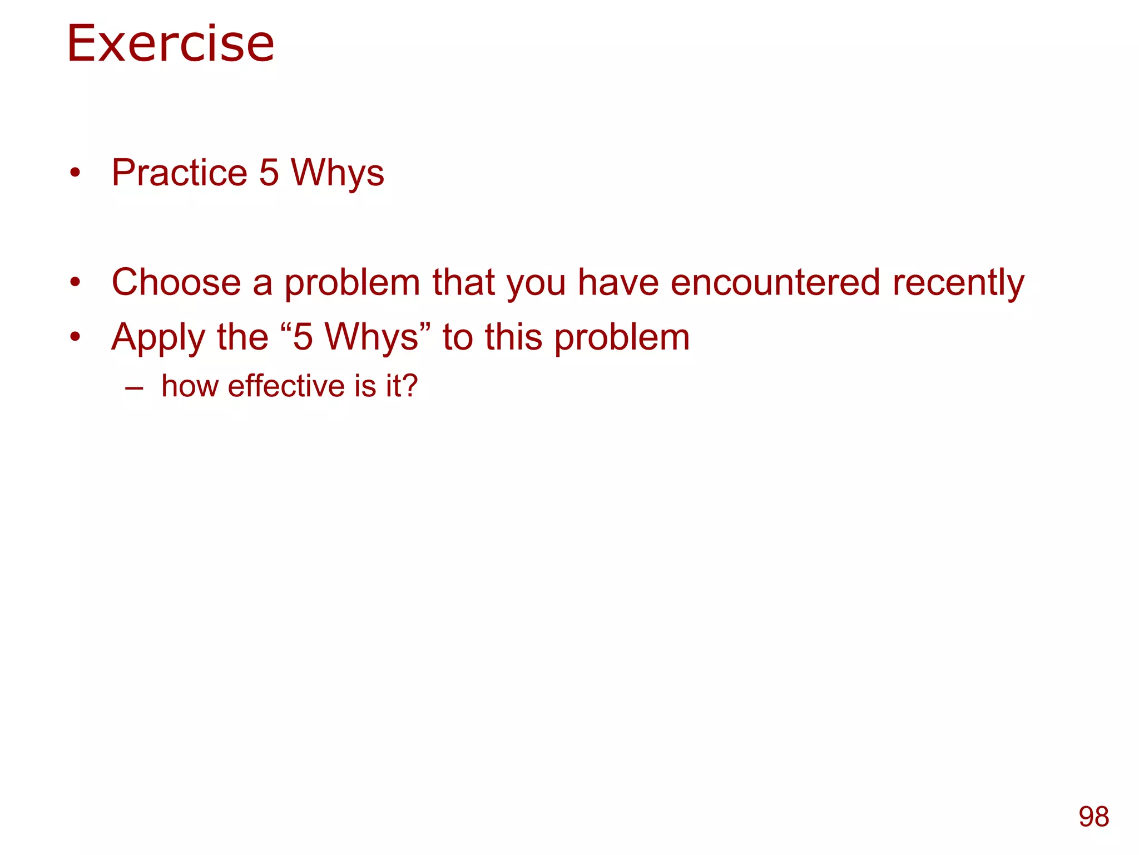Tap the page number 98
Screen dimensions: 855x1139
pyautogui.click(x=1093, y=817)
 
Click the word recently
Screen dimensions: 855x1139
pyautogui.click(x=958, y=283)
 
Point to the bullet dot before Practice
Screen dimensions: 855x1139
pyautogui.click(x=76, y=173)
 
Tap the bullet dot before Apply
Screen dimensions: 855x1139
pyautogui.click(x=76, y=337)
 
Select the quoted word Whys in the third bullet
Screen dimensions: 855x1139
pyautogui.click(x=371, y=337)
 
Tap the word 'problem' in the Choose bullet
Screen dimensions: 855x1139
pyautogui.click(x=352, y=283)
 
